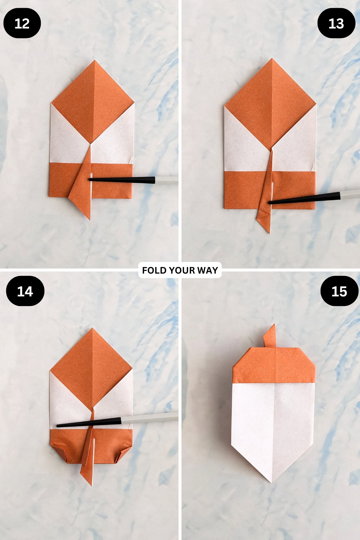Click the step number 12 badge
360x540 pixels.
click(22, 23)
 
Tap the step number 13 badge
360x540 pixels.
click(336, 23)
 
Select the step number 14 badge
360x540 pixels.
click(25, 291)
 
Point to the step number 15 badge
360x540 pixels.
click(339, 291)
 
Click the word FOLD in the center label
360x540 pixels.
click(154, 270)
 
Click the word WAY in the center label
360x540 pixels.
click(208, 270)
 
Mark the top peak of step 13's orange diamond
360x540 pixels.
click(272, 59)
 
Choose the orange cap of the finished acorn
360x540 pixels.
click(274, 366)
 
